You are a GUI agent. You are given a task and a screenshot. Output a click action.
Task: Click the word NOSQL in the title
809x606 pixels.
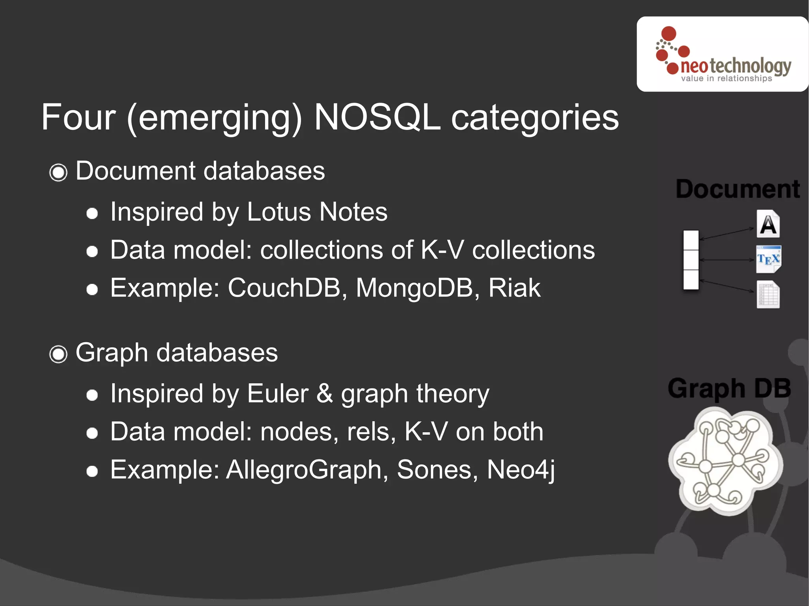(x=377, y=117)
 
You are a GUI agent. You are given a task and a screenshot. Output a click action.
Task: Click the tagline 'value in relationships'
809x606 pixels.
(x=726, y=79)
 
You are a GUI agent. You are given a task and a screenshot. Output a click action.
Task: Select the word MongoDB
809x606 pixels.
(x=414, y=288)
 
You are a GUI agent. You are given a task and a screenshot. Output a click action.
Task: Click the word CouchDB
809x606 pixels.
(x=284, y=288)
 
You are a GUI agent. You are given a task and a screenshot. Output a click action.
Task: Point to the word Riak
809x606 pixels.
(x=514, y=288)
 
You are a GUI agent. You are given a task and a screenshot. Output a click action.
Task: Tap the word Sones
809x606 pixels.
(x=434, y=470)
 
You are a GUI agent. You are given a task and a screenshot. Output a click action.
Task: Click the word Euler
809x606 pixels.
(x=277, y=394)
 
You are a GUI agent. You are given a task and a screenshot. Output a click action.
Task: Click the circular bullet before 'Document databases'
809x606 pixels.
(x=58, y=173)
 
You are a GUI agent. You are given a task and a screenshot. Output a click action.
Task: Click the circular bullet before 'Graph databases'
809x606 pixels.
(x=58, y=354)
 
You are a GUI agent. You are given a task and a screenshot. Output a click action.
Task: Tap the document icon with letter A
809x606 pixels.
(x=768, y=224)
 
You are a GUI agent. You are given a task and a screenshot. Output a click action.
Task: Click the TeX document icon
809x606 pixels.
(x=768, y=259)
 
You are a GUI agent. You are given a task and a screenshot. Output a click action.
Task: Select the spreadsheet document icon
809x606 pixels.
(x=768, y=295)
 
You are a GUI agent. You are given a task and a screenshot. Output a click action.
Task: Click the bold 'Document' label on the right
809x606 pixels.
(x=738, y=189)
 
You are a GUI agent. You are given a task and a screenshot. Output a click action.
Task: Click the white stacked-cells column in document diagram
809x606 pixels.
(x=691, y=260)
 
